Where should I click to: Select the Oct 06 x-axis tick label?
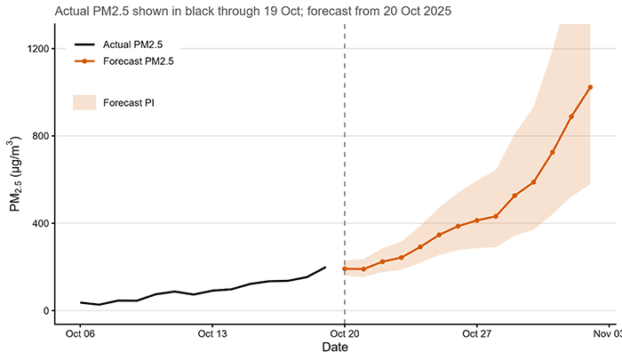click(x=81, y=334)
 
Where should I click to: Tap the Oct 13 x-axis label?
click(x=213, y=334)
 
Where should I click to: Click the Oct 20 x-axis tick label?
click(x=345, y=334)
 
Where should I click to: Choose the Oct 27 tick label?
click(x=477, y=334)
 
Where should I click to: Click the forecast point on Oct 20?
click(x=345, y=268)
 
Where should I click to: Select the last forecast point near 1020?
click(x=590, y=87)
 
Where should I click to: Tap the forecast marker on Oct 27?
click(x=477, y=220)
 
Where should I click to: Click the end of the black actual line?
click(x=325, y=267)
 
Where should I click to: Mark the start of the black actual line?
click(x=81, y=302)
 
